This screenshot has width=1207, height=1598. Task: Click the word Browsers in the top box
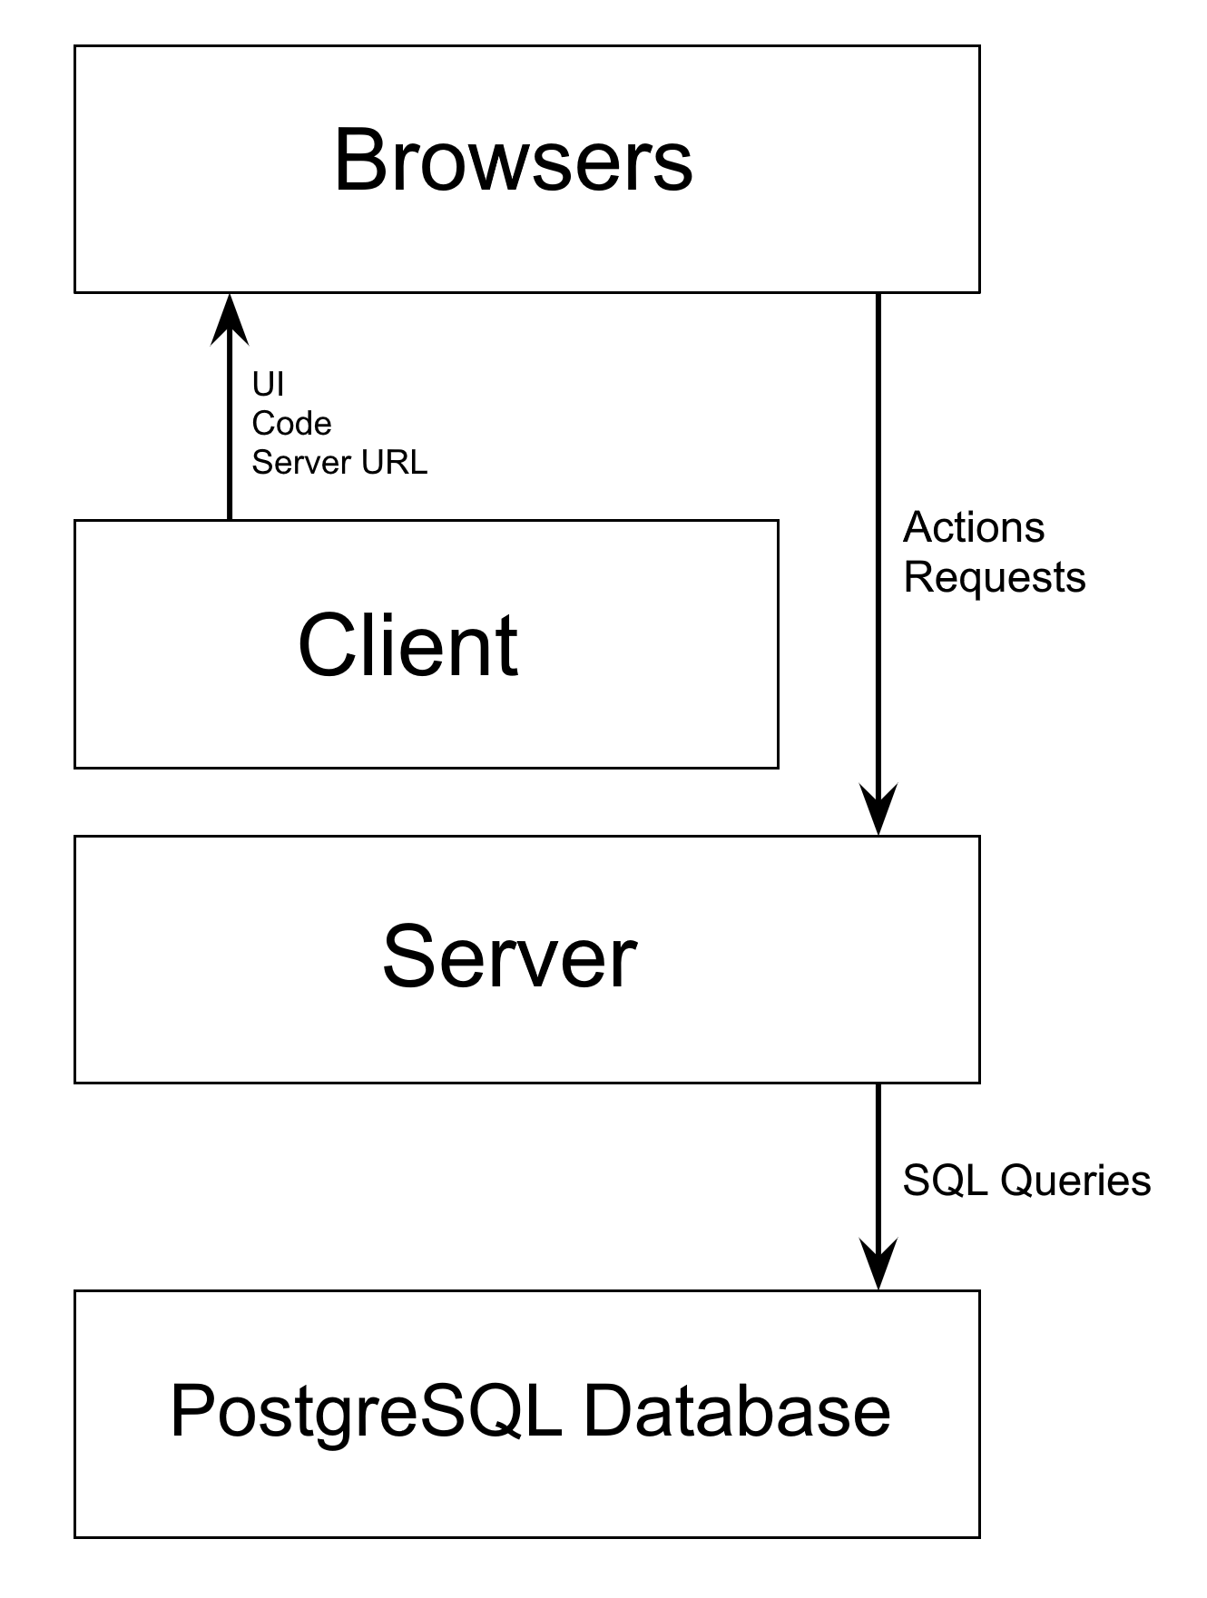514,161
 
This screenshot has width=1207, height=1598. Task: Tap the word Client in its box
407,645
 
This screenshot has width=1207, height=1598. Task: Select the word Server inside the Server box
509,957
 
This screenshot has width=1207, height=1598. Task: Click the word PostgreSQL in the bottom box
365,1412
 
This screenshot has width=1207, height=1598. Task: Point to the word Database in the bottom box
736,1412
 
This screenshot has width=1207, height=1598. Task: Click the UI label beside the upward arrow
268,385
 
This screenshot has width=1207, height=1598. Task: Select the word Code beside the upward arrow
291,424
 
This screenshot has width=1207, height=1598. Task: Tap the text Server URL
339,463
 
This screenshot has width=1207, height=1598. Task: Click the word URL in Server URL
395,463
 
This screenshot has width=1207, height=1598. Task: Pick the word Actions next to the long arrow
974,528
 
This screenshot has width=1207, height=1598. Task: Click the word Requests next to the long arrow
994,578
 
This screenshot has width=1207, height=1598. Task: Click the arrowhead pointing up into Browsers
230,318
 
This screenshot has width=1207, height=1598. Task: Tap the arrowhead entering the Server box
878,809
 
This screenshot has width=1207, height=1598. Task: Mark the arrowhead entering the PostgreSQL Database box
878,1264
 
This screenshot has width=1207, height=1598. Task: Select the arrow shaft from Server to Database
878,1162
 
